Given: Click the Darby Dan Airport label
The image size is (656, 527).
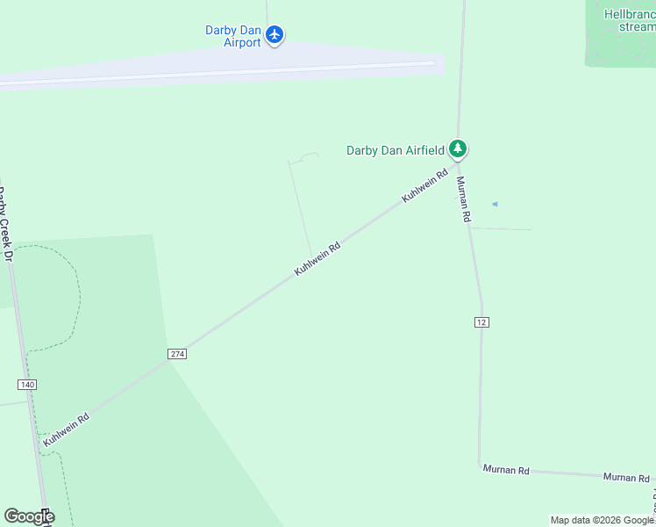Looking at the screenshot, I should [x=232, y=36].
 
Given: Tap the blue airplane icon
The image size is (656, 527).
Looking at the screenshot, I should [x=275, y=35].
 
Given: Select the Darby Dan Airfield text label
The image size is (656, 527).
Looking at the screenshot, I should [x=395, y=150].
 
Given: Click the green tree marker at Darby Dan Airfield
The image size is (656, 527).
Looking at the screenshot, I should [x=457, y=148].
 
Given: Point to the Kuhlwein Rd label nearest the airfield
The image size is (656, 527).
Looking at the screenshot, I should [x=424, y=186].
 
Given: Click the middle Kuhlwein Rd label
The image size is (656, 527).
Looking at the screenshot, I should [x=317, y=259].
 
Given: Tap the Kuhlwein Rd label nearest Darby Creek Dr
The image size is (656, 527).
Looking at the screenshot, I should [x=67, y=429].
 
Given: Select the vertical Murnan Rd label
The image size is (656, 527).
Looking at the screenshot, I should [x=464, y=199].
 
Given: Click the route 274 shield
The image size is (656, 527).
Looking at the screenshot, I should [x=176, y=353].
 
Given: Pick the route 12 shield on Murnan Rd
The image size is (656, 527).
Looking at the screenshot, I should [x=481, y=322].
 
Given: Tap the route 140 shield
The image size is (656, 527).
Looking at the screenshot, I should [x=26, y=385].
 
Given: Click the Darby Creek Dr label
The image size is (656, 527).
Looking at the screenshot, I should [x=5, y=224].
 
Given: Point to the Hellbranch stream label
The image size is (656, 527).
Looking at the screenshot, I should [x=630, y=20].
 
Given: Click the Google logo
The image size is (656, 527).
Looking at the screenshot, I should [x=29, y=516].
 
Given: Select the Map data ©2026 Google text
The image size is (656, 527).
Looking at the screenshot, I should [x=602, y=520].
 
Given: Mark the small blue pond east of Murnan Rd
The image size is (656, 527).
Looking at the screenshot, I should [x=495, y=205].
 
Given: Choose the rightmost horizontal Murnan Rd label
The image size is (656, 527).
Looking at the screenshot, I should [x=626, y=477].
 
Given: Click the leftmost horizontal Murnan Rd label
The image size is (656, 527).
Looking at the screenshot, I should [x=506, y=470].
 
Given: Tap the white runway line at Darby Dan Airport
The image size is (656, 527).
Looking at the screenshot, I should [x=219, y=73].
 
